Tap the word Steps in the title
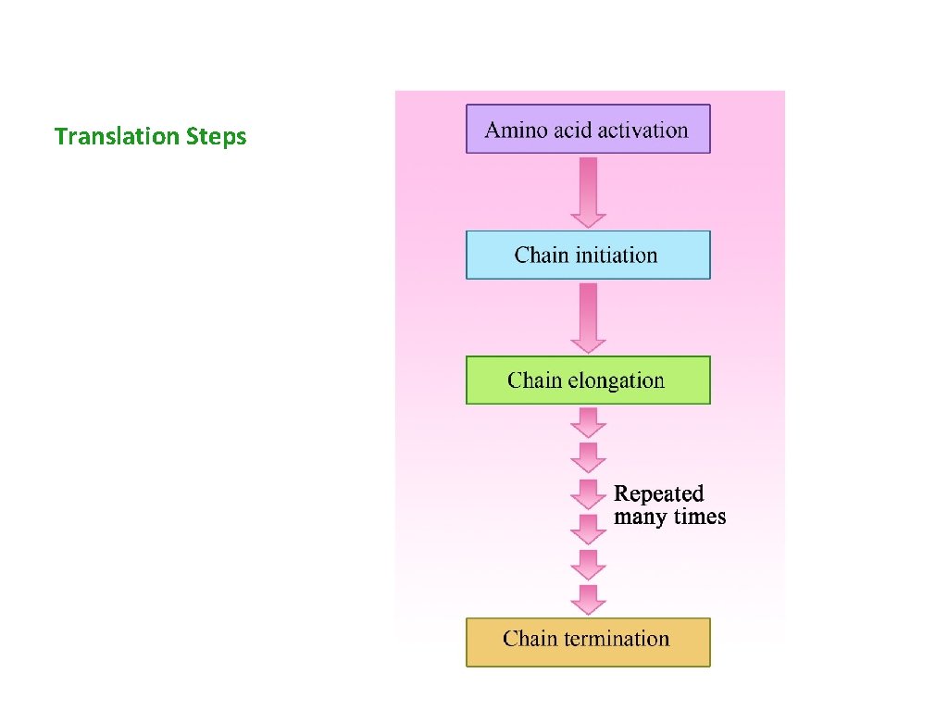(x=217, y=137)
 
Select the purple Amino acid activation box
(x=588, y=129)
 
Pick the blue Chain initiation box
(x=588, y=255)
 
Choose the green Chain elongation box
(x=588, y=380)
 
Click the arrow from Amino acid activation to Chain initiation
(x=588, y=192)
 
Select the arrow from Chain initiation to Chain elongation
(x=588, y=317)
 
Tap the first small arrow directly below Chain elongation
(x=588, y=423)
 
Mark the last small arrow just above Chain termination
(x=588, y=599)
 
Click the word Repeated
(x=659, y=493)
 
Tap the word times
(x=697, y=517)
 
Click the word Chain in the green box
(x=534, y=380)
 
